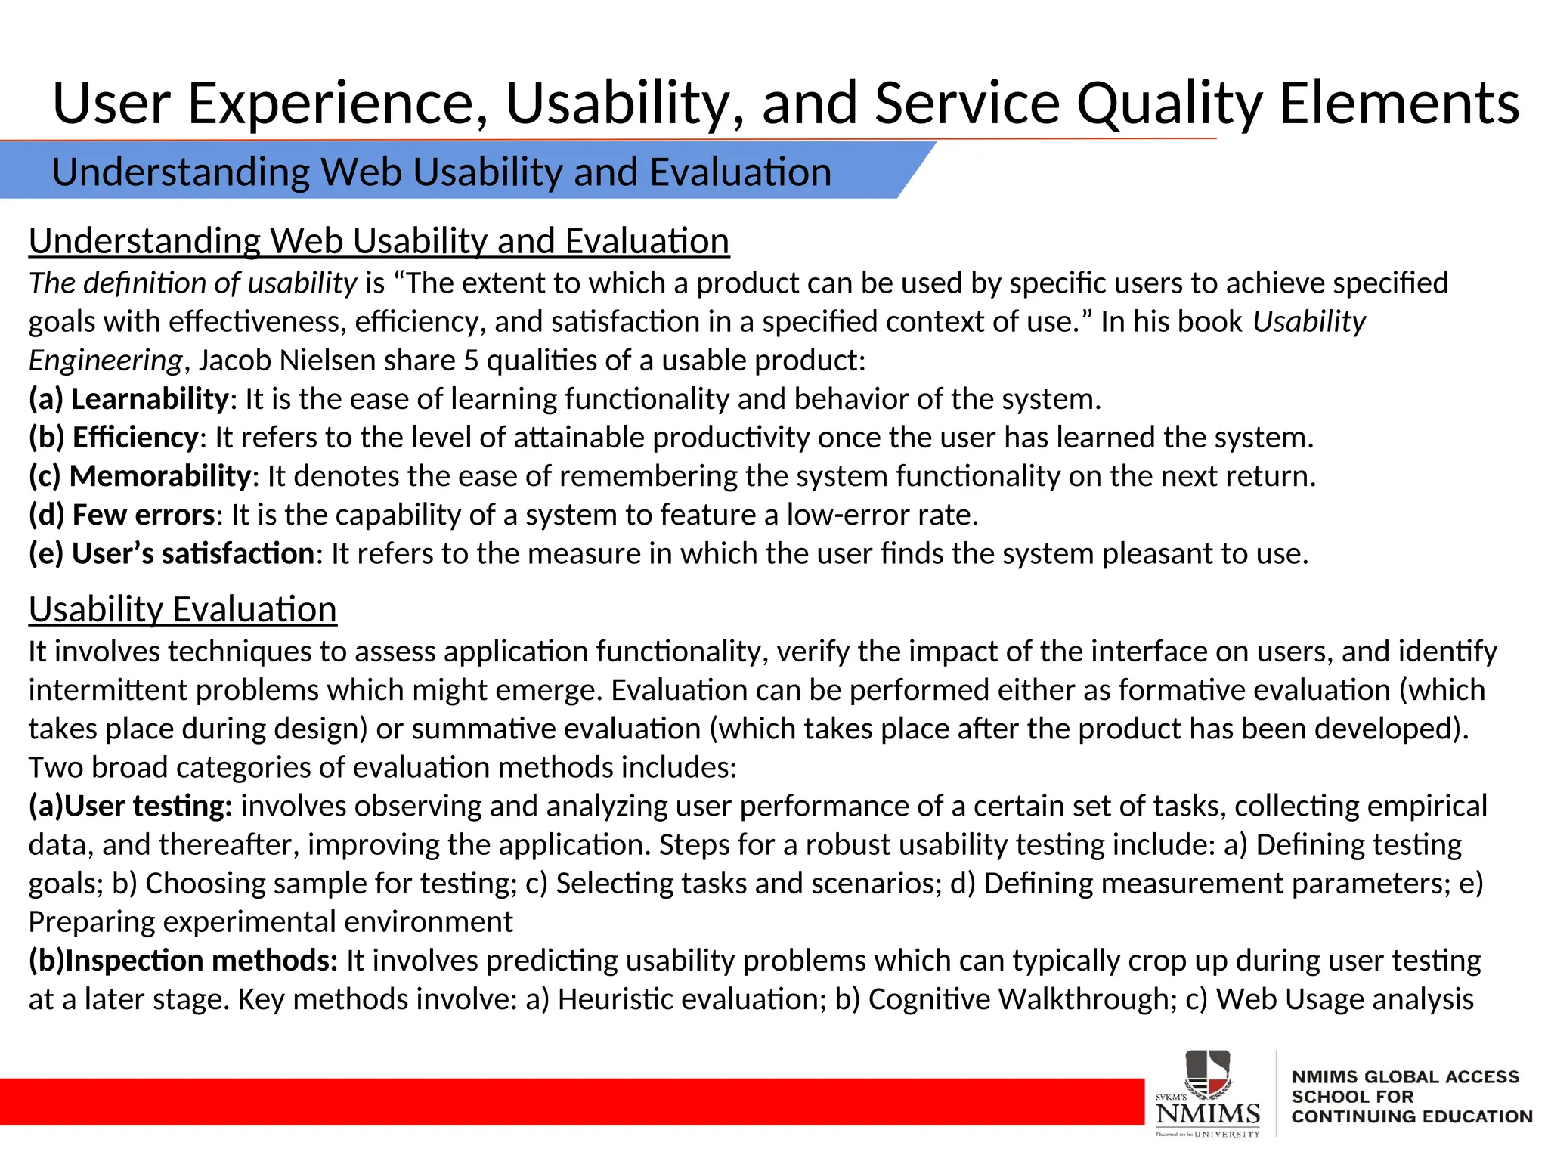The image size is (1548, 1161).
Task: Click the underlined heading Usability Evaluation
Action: point(182,609)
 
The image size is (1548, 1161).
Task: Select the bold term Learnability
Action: point(149,399)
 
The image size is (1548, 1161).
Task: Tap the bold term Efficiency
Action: point(135,438)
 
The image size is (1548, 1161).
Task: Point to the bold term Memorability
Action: point(159,476)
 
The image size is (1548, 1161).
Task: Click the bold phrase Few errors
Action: point(144,515)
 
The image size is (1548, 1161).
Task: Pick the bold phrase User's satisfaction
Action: point(193,554)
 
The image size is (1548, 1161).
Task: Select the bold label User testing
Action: point(148,807)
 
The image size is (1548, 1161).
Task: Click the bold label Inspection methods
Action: point(201,961)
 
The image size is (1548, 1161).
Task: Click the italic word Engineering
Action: point(106,361)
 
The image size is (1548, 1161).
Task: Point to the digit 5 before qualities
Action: point(471,361)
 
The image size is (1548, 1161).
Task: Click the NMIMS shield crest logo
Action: point(1208,1074)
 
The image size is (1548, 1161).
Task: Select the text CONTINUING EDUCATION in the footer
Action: point(1411,1116)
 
